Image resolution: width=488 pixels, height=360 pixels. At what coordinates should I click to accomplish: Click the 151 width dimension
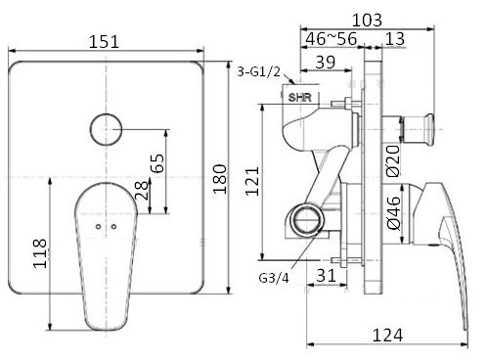click(108, 40)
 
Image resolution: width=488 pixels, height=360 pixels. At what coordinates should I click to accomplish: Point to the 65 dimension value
click(157, 162)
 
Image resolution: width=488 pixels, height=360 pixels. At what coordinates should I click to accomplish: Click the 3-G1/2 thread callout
click(260, 71)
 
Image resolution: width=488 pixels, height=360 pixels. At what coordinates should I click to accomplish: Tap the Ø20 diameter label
click(392, 156)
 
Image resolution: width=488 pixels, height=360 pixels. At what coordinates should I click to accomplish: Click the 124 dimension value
click(387, 336)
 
